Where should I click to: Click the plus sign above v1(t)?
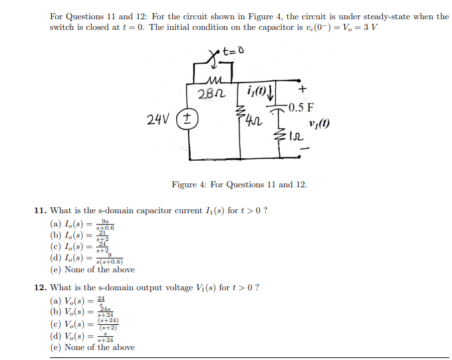pos(302,87)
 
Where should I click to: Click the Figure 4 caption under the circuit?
pos(239,184)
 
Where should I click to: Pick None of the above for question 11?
pos(92,270)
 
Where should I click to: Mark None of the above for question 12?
pos(92,347)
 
